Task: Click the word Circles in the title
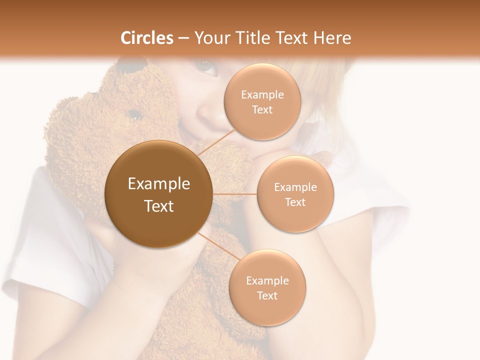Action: coord(146,38)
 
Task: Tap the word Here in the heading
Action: coord(332,38)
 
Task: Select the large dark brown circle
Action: coord(159,194)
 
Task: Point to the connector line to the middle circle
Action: coord(234,194)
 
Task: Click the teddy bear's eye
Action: coord(133,114)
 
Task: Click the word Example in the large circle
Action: coord(159,183)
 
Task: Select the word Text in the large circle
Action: coord(159,205)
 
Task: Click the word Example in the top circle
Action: coord(262,94)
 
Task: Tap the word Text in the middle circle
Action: coord(295,202)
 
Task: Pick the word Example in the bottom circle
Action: coord(267,280)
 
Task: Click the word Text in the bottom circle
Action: coord(267,295)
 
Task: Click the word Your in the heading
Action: coord(209,38)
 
